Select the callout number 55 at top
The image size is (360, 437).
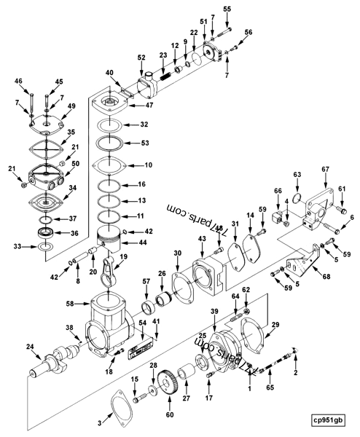227,9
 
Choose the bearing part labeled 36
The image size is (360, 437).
43,232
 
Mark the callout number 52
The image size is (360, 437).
141,58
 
